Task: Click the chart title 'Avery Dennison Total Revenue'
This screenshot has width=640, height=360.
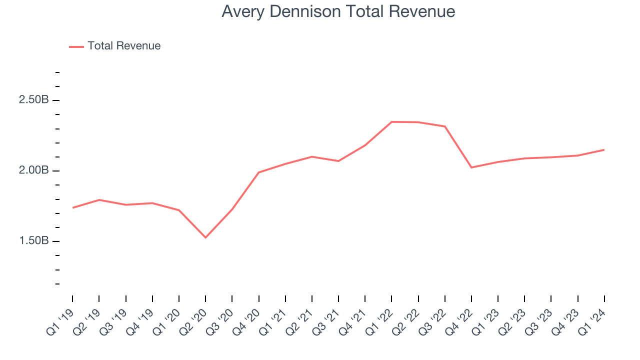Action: click(x=338, y=11)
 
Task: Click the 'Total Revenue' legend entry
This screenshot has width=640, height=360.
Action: click(x=123, y=46)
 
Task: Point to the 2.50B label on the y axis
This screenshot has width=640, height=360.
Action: click(x=33, y=100)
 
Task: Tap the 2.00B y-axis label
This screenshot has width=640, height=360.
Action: click(x=33, y=170)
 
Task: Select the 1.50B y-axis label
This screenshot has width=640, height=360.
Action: click(x=33, y=241)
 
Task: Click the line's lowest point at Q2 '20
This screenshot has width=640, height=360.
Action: click(x=205, y=237)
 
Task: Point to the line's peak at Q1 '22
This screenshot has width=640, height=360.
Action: click(x=391, y=121)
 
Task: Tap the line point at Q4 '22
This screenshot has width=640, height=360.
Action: click(x=471, y=167)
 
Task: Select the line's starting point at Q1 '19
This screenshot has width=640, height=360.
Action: click(x=72, y=207)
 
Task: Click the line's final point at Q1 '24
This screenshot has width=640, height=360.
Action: click(x=604, y=149)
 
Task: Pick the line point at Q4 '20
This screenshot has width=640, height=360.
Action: click(x=258, y=172)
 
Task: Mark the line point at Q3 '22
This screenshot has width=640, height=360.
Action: click(x=445, y=126)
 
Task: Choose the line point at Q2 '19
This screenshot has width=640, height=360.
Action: click(x=99, y=199)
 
